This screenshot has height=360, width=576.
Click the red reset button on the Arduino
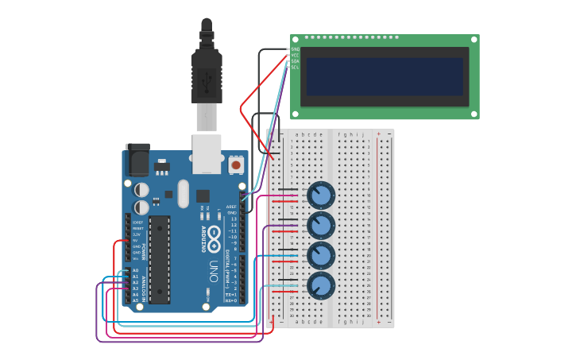coord(236,165)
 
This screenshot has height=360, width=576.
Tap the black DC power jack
coord(137,160)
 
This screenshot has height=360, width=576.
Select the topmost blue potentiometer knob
coord(321,195)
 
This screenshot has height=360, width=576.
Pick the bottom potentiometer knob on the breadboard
coord(321,285)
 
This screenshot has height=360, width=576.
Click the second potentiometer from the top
coord(321,225)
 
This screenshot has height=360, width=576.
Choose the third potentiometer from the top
coord(321,255)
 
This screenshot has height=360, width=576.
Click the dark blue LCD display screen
coord(385,76)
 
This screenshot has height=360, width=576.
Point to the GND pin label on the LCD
coord(296,49)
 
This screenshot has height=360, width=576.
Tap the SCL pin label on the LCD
coord(296,68)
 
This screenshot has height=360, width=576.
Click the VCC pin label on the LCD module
coord(296,55)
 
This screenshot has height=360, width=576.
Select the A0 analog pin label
coord(135,270)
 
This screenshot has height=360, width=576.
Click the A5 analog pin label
coord(135,300)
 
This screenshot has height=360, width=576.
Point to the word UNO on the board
coord(213,271)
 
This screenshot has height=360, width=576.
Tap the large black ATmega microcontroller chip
coord(160,259)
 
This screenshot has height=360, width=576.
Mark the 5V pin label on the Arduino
coord(136,240)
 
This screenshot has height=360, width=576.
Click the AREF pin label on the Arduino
coord(231,207)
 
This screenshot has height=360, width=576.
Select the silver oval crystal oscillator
coord(184,193)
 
